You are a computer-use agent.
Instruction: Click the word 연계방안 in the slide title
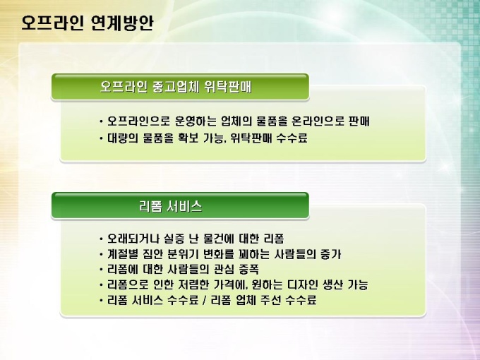tap(122, 23)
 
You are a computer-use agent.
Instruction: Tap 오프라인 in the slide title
tap(52, 23)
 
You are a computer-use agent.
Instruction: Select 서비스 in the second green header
tap(185, 206)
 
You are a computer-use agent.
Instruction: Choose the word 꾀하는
tap(251, 254)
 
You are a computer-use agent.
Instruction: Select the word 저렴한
tap(193, 284)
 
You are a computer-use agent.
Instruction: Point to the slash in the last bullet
tap(205, 300)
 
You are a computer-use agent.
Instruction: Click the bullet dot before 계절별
tap(102, 254)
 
